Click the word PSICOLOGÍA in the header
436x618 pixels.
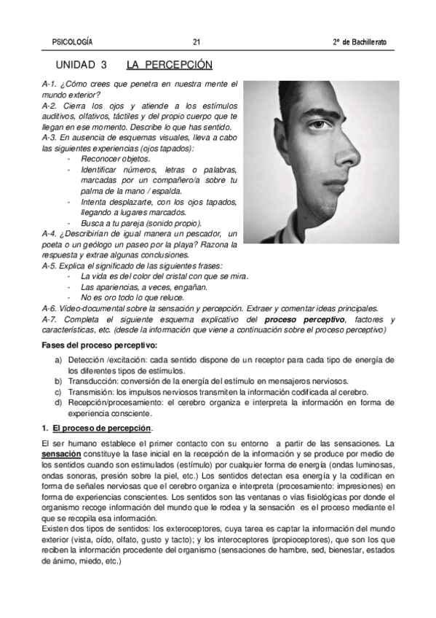coord(74,41)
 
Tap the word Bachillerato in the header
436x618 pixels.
coord(364,41)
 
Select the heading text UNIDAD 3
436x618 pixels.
coord(81,64)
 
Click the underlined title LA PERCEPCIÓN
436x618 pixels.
coord(165,64)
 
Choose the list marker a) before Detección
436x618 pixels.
coord(58,360)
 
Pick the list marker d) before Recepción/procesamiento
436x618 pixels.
coord(58,402)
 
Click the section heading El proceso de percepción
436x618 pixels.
coord(102,428)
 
